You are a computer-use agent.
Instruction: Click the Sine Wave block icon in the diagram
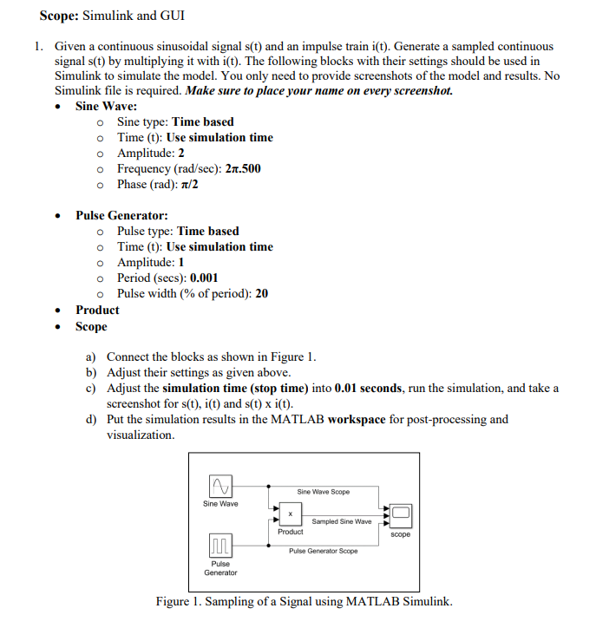click(220, 486)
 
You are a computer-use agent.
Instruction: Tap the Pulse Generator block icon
click(220, 546)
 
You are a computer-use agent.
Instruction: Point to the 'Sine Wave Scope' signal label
click(323, 492)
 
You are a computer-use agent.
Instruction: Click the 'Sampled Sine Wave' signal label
click(341, 521)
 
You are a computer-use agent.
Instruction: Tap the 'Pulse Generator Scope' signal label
click(323, 551)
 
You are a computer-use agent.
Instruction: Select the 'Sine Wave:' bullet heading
click(105, 106)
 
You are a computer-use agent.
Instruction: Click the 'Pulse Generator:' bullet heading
click(121, 215)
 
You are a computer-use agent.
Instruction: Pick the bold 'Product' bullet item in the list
click(97, 310)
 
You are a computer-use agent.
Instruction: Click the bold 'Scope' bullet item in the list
click(91, 326)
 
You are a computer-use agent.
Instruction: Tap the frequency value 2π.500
click(243, 168)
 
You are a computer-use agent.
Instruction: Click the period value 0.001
click(204, 278)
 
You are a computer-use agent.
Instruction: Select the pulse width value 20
click(261, 293)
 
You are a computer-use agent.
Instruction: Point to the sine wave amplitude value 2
click(180, 153)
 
